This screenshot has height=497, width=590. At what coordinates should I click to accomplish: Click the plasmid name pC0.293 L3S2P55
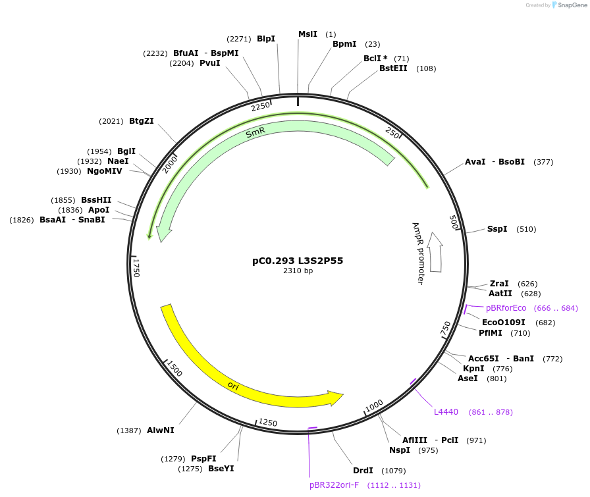point(298,261)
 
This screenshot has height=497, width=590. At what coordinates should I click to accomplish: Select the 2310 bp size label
point(298,271)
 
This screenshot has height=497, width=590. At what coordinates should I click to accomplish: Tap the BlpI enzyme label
point(266,39)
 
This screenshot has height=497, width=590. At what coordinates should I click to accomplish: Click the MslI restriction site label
point(308,34)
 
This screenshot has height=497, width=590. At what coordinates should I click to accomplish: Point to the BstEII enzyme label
point(393,68)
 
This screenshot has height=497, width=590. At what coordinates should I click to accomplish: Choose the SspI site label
point(497,229)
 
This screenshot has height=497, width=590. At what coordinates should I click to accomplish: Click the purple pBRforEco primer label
point(506,308)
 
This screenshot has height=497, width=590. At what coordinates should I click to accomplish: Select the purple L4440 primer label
point(446,412)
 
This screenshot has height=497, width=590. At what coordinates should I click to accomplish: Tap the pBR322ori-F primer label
point(335,485)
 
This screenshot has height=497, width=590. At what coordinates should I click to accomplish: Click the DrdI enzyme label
point(363,471)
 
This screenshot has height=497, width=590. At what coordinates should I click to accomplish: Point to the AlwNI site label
point(161,431)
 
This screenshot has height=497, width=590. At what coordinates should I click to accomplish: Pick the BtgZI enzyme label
point(142,121)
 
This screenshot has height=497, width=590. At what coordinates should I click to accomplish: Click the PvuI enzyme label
point(209,63)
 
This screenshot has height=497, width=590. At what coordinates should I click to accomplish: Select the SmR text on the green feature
point(255,132)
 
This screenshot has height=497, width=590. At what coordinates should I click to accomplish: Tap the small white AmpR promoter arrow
point(435,251)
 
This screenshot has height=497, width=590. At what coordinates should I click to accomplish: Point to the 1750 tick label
point(137,267)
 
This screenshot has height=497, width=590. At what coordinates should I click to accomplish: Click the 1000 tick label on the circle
point(374,405)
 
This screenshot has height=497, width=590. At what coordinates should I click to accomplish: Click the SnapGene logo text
point(570,5)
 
